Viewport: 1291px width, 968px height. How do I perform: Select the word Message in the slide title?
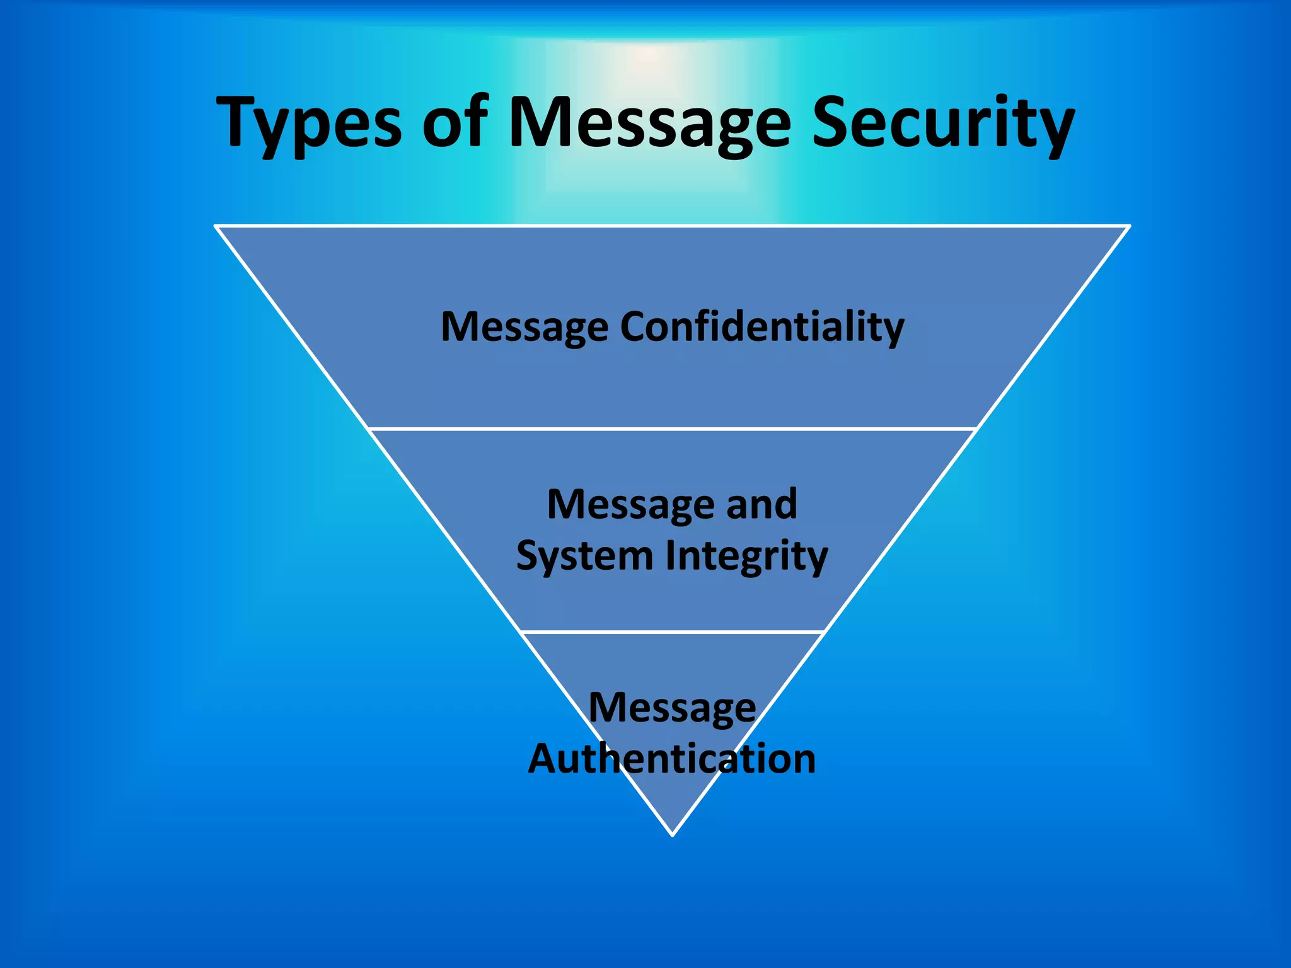[649, 123]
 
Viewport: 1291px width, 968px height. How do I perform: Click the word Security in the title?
[942, 123]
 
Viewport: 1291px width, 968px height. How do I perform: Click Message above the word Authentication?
[672, 708]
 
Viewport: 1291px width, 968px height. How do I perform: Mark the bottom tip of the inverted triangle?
[673, 834]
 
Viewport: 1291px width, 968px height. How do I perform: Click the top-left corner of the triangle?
[216, 226]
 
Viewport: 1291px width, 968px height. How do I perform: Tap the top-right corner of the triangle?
[1129, 226]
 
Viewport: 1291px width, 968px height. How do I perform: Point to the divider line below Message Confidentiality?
[672, 429]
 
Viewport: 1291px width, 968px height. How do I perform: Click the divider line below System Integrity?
[672, 631]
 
